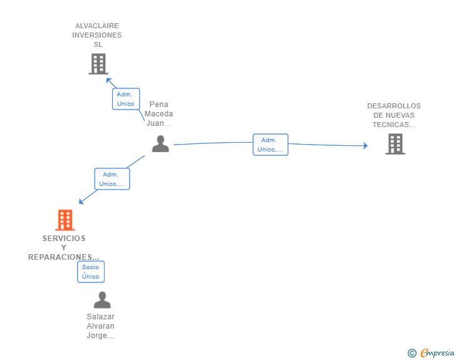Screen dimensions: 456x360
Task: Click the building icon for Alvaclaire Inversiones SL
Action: pos(98,64)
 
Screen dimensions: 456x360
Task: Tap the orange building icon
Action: pos(65,220)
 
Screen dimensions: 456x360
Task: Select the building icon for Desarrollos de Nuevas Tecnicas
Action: pos(395,144)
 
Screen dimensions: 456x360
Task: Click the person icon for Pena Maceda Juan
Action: pos(160,143)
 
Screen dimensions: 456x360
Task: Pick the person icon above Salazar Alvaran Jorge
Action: pos(102,300)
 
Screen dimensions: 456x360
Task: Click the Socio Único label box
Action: pos(91,272)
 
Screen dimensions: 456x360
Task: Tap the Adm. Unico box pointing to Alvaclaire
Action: pos(126,99)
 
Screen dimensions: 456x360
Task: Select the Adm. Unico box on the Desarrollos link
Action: pos(271,145)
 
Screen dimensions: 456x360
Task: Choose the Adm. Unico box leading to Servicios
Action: pos(112,179)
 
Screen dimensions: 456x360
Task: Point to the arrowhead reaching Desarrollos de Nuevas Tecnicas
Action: pos(366,145)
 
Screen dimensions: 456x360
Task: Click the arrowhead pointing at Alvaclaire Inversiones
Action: pos(109,81)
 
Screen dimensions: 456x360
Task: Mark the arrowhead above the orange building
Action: pos(81,201)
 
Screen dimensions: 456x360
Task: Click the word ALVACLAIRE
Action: pos(97,26)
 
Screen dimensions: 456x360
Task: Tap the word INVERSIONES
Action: pos(97,35)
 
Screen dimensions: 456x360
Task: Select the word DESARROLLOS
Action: pos(394,106)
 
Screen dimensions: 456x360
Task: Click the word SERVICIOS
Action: pos(64,239)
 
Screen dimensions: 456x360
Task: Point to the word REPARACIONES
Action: pos(60,257)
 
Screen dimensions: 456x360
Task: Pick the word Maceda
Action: pos(159,114)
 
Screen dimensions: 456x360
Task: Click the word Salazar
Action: pos(101,317)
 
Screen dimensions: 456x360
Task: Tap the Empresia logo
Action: pos(431,352)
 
